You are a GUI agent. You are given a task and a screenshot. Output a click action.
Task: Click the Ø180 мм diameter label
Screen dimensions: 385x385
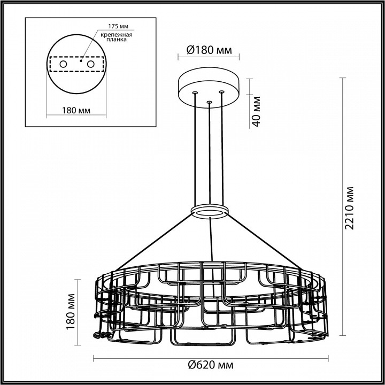point(209,51)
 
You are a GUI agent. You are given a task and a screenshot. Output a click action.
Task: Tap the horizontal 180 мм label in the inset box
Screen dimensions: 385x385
point(74,110)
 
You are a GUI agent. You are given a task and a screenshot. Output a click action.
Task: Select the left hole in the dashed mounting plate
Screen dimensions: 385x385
point(63,64)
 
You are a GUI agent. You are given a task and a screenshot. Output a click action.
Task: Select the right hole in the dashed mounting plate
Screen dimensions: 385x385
point(90,64)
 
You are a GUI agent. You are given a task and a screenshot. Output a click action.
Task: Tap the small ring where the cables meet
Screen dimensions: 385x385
point(209,211)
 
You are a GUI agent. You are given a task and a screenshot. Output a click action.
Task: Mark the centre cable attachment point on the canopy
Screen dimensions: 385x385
point(209,101)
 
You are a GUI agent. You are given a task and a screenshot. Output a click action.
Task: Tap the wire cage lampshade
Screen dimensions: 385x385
point(209,305)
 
